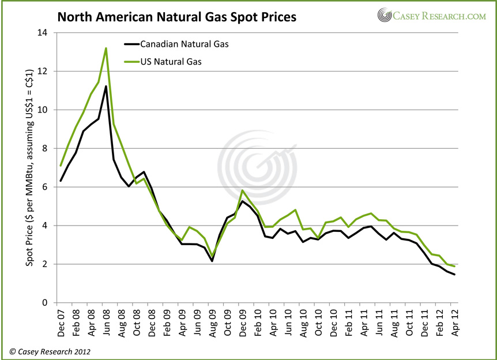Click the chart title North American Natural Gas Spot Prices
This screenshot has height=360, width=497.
point(176,17)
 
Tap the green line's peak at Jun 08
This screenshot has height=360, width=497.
point(106,48)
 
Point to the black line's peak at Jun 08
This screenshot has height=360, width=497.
point(106,86)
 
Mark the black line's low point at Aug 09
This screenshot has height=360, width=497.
point(212,261)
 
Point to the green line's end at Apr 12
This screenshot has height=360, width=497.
point(454,266)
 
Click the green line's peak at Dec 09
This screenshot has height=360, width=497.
point(242,190)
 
